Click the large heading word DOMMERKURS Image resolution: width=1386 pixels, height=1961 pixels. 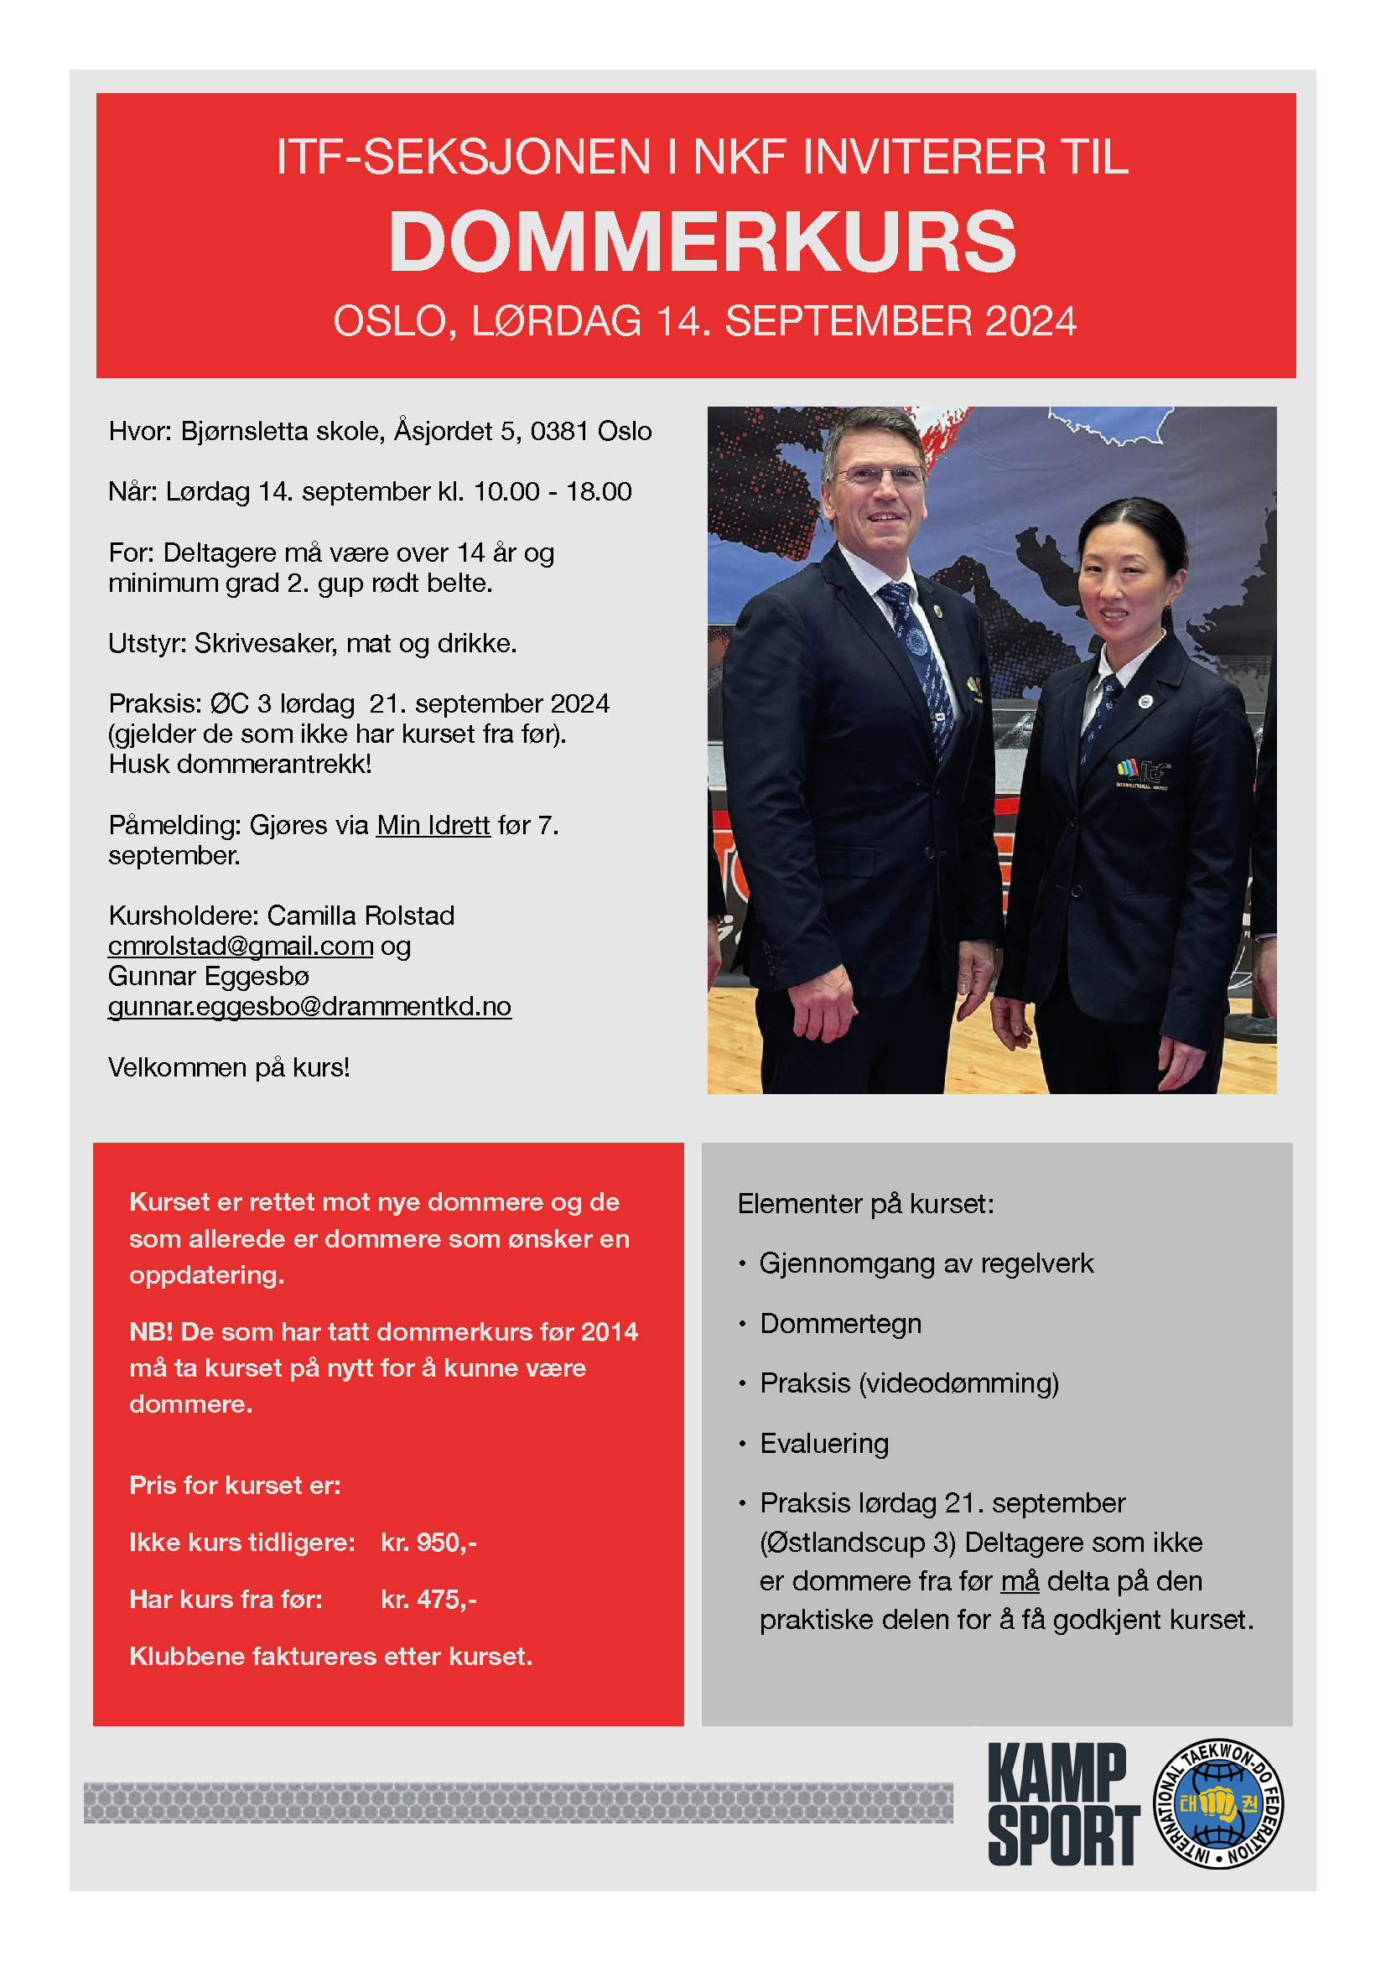click(x=702, y=241)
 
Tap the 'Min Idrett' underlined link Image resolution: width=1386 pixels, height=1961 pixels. click(x=433, y=825)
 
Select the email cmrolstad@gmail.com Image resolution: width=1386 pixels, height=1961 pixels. click(x=240, y=946)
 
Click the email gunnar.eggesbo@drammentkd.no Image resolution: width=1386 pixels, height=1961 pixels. click(x=309, y=1006)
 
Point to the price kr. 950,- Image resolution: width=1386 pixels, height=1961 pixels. click(x=428, y=1542)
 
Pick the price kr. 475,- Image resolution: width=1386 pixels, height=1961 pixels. click(x=428, y=1599)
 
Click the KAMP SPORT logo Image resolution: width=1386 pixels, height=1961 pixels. click(x=1062, y=1804)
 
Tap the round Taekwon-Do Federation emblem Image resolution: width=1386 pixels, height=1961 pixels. click(x=1218, y=1803)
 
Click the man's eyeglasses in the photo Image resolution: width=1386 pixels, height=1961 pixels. click(x=878, y=475)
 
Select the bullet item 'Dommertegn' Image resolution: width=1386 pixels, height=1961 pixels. click(x=840, y=1323)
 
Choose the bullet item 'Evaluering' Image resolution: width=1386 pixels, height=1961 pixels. click(x=824, y=1443)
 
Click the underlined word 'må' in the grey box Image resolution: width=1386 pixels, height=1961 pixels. click(x=1020, y=1581)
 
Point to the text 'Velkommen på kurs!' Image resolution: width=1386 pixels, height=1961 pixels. click(x=229, y=1067)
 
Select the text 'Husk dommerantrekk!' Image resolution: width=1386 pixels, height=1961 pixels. click(x=240, y=764)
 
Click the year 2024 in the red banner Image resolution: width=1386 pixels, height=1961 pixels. click(x=1030, y=322)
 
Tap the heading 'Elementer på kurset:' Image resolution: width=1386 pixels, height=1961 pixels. click(x=866, y=1203)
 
